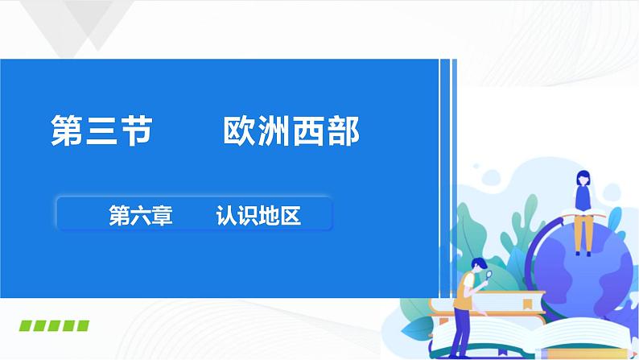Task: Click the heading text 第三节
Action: point(101,130)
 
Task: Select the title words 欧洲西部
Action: point(291,130)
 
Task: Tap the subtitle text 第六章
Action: point(140,216)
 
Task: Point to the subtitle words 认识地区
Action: point(258,216)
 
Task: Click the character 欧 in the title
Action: point(238,130)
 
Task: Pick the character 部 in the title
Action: point(344,130)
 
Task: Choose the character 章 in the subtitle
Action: point(163,216)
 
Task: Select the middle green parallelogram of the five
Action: point(54,326)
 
